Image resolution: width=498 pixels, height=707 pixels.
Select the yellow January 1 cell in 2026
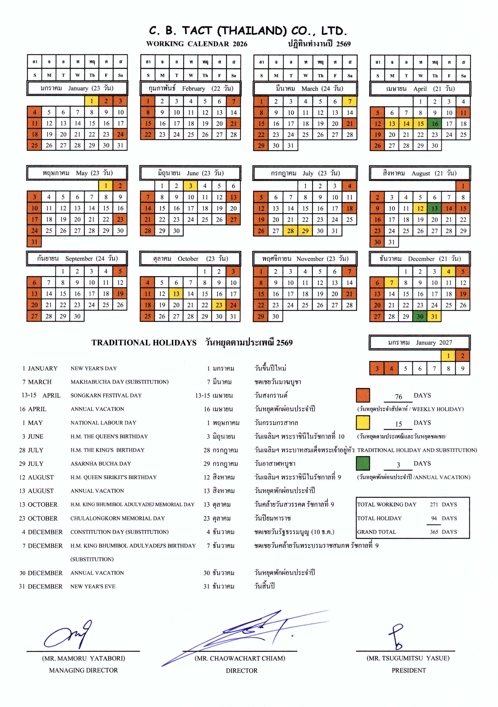(92, 101)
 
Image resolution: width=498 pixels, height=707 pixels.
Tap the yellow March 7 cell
(350, 101)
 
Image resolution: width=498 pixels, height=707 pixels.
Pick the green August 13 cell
(435, 209)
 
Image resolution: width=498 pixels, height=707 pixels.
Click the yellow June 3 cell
(190, 186)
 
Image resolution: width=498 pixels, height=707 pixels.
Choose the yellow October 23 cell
(219, 305)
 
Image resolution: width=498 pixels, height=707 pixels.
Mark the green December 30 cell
(420, 316)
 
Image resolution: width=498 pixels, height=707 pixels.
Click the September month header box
(77, 259)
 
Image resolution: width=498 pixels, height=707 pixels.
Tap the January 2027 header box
(419, 342)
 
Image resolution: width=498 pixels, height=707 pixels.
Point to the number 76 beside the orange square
(399, 397)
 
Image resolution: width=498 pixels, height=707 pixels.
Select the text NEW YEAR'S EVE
(93, 587)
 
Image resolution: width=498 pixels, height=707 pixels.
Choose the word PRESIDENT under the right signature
(409, 670)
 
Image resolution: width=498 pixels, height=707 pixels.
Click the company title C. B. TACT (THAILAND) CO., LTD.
(248, 31)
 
